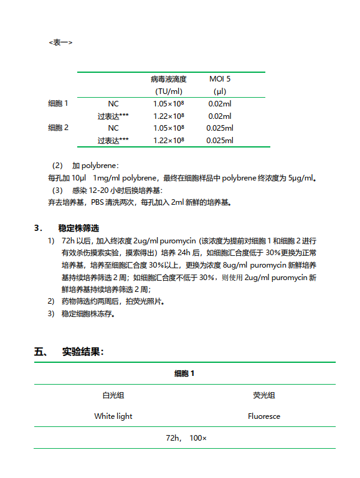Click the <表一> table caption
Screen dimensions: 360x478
(x=60, y=42)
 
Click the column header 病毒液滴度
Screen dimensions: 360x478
(x=168, y=79)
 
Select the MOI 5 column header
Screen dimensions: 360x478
(x=219, y=79)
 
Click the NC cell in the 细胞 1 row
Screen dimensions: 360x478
(x=113, y=104)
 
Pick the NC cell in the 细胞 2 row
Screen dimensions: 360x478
(x=113, y=128)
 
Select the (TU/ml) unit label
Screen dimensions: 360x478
(x=168, y=91)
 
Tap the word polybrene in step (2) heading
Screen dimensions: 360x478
(x=100, y=166)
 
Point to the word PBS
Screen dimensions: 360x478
(x=98, y=202)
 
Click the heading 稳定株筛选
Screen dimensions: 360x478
(x=78, y=228)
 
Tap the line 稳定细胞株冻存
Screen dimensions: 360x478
(x=87, y=313)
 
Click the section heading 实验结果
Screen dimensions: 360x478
(x=83, y=352)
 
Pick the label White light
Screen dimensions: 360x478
(x=113, y=416)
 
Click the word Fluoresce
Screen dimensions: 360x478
(x=264, y=416)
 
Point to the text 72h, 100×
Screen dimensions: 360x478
(x=186, y=438)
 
